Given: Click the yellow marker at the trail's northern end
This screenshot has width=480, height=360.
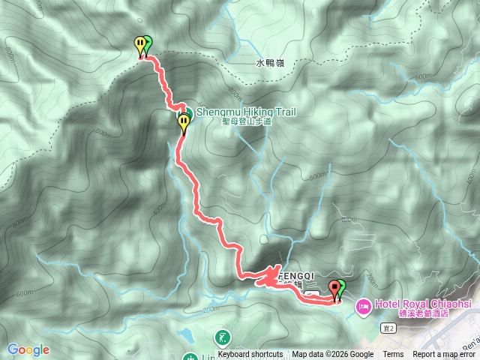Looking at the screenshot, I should coord(139,45).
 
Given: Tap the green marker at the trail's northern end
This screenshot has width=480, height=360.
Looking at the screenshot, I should coord(147,44).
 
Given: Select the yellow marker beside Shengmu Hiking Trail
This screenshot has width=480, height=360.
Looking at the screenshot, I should coord(184,121).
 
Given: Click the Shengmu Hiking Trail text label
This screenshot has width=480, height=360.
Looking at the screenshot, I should coord(246,112).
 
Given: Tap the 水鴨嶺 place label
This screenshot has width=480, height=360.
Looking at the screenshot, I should coord(270,63).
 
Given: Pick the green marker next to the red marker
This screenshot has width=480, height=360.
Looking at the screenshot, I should coord(341,287).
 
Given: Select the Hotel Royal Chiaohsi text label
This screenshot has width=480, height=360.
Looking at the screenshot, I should coord(419,303).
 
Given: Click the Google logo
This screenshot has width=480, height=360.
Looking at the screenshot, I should coord(28,349).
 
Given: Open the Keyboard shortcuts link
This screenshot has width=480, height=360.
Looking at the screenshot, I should coord(250,355).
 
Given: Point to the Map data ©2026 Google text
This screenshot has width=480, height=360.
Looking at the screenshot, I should coord(332,355).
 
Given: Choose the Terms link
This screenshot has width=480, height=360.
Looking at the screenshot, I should coord(393,355).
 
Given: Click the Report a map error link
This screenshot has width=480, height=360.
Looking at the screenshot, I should coord(445,355).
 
